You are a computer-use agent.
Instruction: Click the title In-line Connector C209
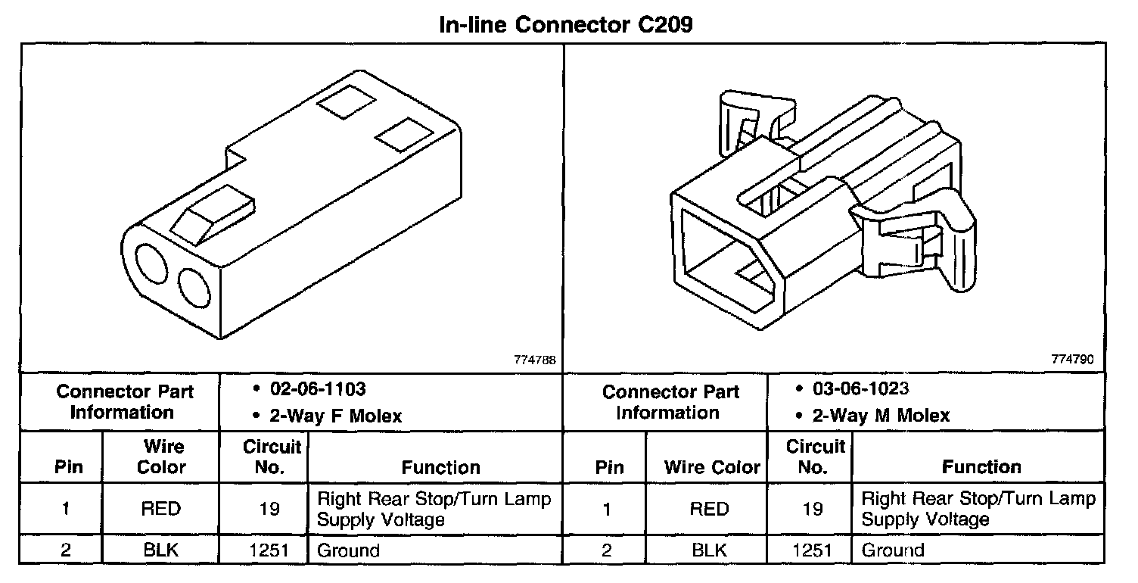pos(566,24)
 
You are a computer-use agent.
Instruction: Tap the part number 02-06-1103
pos(318,389)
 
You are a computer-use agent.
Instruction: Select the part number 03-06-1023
pos(861,389)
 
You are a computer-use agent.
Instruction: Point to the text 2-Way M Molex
pos(880,416)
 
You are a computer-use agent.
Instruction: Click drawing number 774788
pos(536,360)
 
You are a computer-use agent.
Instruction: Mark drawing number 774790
pos(1073,360)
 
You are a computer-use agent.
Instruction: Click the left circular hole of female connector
pos(154,267)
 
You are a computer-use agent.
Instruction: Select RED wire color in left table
pos(161,510)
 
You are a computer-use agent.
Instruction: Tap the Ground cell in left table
pos(348,550)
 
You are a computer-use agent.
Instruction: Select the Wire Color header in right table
pos(712,468)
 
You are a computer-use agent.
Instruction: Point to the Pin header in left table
pos(69,468)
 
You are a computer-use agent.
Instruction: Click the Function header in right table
pos(981,468)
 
